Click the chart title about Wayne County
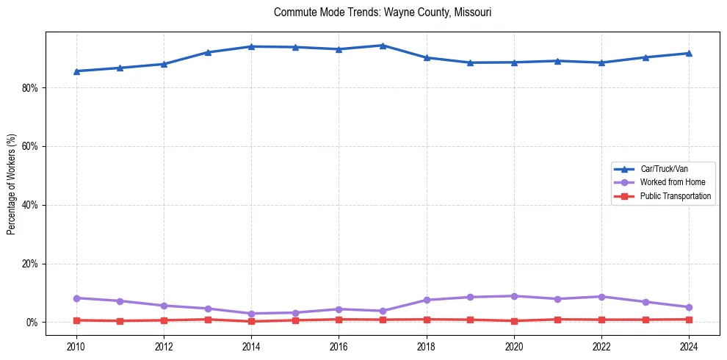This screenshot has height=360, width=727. (382, 12)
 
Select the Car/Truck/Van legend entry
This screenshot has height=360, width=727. (664, 169)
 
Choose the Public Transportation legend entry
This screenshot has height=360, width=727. (675, 196)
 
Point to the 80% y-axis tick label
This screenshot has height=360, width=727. (31, 87)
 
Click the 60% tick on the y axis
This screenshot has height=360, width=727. (31, 146)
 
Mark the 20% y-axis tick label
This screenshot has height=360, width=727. (31, 264)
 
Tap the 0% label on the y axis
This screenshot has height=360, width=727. (33, 323)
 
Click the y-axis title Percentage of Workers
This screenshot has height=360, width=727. (11, 184)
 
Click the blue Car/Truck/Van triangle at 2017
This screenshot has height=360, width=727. (383, 46)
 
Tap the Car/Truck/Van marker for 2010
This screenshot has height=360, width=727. (76, 71)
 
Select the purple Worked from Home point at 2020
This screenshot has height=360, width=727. (514, 296)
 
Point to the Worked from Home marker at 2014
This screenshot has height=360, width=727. (251, 314)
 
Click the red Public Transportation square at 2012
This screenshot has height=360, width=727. (164, 320)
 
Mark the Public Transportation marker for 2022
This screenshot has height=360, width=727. (601, 320)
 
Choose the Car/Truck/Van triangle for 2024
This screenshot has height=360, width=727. (689, 53)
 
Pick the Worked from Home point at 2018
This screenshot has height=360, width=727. (427, 300)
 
